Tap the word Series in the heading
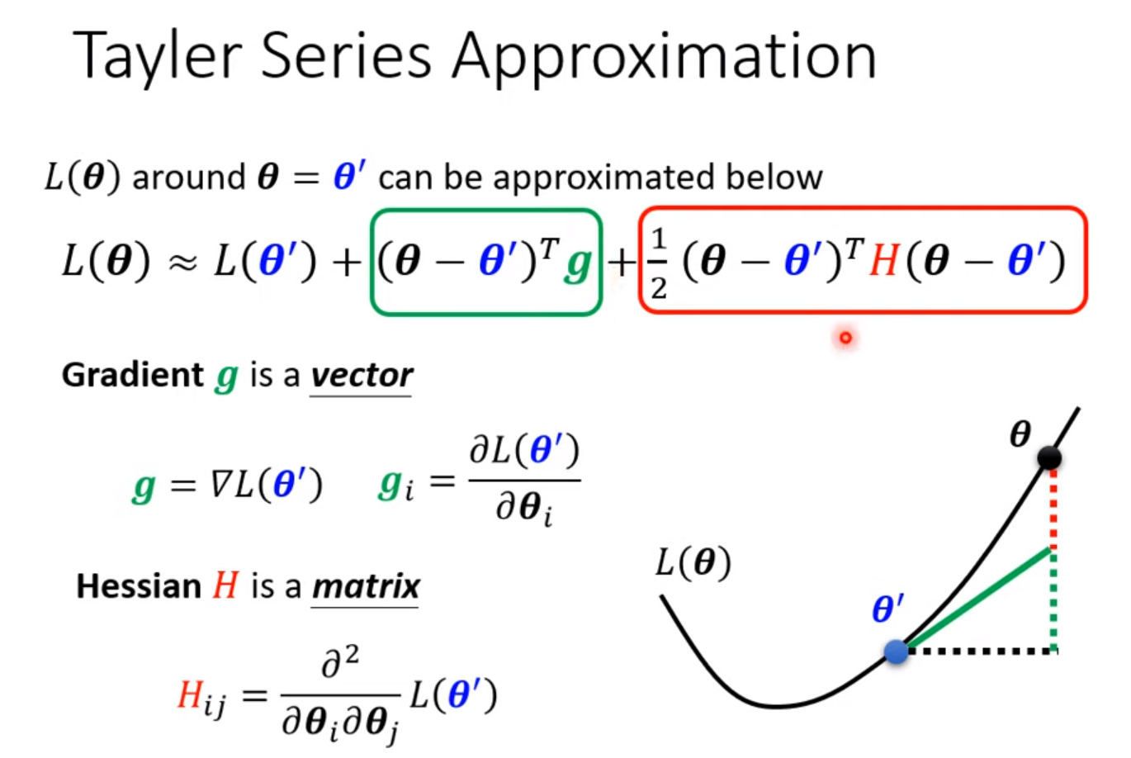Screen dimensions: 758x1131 pos(346,56)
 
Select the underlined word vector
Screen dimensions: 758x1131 pos(362,376)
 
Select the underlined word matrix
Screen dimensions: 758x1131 pos(366,586)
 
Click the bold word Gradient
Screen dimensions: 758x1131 pos(132,375)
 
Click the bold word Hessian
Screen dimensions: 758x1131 pos(138,586)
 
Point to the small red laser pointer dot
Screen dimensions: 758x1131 pos(845,337)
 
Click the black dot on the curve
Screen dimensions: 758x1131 pos(1049,457)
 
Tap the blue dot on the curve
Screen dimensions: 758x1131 pos(897,651)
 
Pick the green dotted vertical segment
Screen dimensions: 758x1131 pos(1053,599)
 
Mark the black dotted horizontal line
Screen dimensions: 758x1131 pos(978,651)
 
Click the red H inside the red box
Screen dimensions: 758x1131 pos(883,262)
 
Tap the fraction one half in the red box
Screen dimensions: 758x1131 pos(658,263)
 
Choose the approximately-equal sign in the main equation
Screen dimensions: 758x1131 pos(182,263)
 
